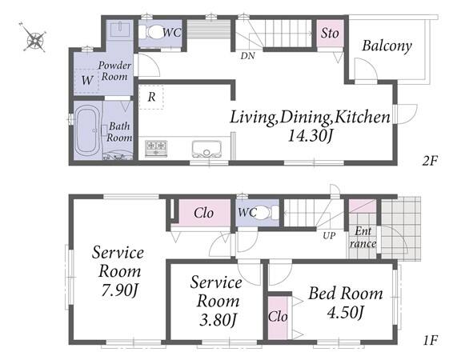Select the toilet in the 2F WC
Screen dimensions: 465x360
coord(152,32)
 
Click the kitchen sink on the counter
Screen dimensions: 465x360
coord(206,149)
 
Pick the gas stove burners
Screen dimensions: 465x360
coord(156,148)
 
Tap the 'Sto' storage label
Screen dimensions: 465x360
coord(330,33)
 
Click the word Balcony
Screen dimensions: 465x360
coord(387,46)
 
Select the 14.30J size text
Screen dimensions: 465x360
coord(310,136)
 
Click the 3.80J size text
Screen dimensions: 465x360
coord(218,319)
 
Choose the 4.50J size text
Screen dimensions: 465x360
coord(346,312)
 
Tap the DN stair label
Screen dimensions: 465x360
coord(247,56)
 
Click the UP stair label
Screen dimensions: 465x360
coord(329,236)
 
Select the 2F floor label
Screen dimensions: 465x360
coord(430,161)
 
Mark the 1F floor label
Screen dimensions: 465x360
coord(430,340)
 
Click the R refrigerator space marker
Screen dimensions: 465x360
coord(151,97)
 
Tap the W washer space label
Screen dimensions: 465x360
coord(87,80)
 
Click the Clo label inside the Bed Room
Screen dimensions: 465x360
coord(278,317)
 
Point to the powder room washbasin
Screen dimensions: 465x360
coord(120,29)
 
